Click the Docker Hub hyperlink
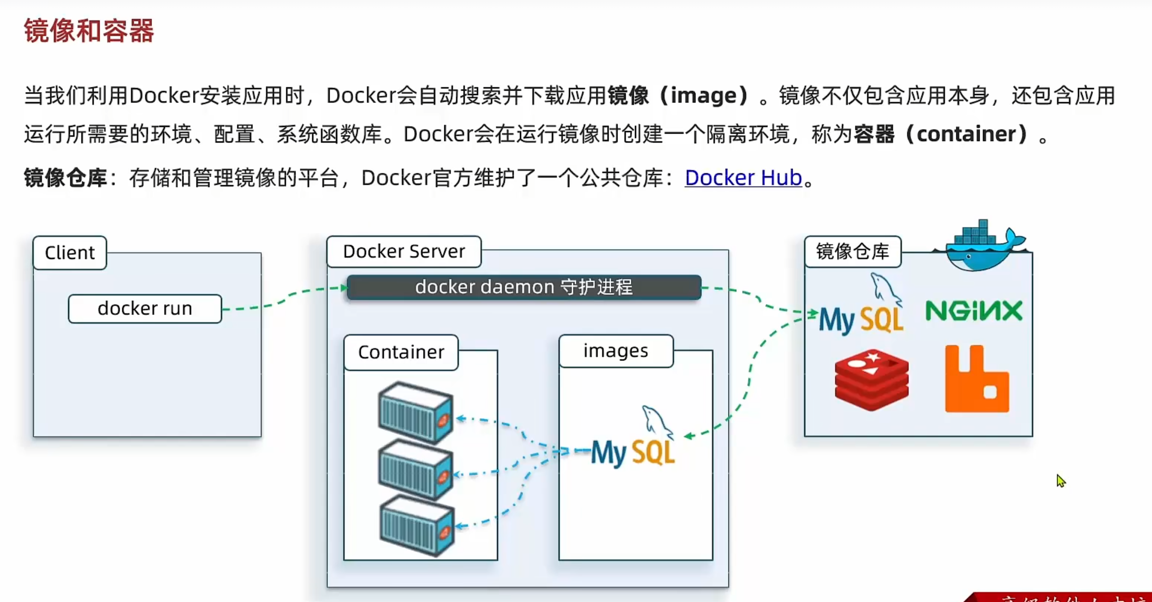click(x=743, y=178)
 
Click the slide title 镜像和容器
click(x=89, y=31)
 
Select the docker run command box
click(x=145, y=308)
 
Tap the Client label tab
click(x=70, y=253)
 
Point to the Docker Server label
click(x=404, y=252)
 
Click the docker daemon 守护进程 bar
click(x=524, y=287)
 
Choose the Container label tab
click(x=401, y=352)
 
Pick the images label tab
click(x=616, y=351)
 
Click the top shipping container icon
click(x=416, y=412)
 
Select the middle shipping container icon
click(x=416, y=469)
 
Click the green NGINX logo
click(x=974, y=311)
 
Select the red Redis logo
click(x=872, y=380)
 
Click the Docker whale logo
click(x=980, y=246)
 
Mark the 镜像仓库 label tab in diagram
click(x=852, y=252)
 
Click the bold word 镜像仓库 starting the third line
click(x=65, y=178)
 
